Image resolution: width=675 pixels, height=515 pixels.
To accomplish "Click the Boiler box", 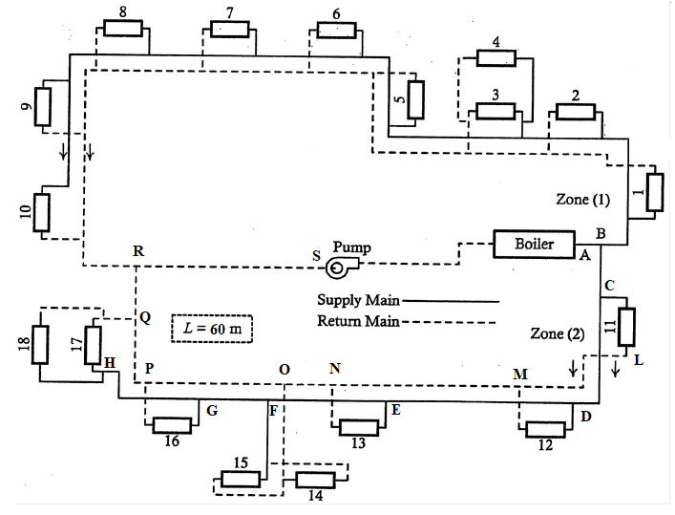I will [x=534, y=244].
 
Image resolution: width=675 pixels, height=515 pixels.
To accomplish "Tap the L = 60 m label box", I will [x=211, y=330].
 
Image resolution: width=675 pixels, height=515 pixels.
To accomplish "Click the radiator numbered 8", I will [x=122, y=28].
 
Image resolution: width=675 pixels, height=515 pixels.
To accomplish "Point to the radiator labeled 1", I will [x=654, y=190].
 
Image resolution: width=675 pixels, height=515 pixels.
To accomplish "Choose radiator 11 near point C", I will [x=626, y=327].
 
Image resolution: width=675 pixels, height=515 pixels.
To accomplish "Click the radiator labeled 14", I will [x=314, y=480].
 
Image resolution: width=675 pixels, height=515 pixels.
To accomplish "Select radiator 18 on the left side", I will [x=40, y=345].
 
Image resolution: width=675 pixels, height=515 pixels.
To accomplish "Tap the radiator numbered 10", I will [x=41, y=212].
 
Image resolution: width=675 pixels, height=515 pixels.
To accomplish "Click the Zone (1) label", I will [x=581, y=201].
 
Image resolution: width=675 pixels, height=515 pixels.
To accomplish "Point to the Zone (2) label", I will [x=557, y=333].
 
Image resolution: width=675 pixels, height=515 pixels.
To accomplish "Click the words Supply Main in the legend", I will [x=353, y=299].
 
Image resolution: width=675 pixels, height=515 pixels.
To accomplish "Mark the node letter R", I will [x=138, y=250].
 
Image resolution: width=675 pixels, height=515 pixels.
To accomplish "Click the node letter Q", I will [x=145, y=319].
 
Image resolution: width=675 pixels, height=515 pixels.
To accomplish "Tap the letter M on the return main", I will [x=521, y=373].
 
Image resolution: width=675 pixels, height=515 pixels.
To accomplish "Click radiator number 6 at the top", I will [x=336, y=30].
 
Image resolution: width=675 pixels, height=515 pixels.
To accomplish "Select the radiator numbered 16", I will [x=172, y=424].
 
